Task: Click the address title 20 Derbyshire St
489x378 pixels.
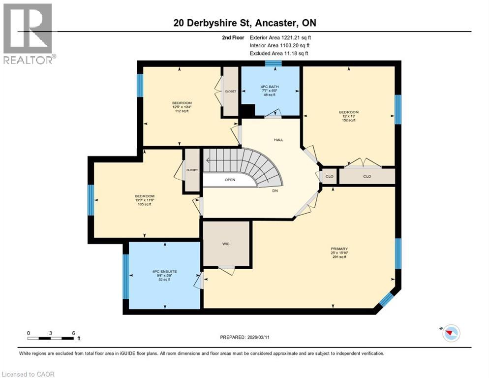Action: point(244,23)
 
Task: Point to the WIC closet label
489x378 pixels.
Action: point(226,244)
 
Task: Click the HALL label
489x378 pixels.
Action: point(278,140)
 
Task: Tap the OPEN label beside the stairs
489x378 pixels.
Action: point(230,180)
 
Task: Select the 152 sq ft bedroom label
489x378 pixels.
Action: point(349,116)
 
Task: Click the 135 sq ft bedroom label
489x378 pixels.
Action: point(145,200)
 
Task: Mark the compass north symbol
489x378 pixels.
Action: point(451,333)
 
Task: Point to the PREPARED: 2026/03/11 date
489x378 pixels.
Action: point(244,337)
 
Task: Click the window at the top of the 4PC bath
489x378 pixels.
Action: point(273,63)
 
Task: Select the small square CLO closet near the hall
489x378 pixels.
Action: point(329,176)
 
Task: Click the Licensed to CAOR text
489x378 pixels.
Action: point(28,374)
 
